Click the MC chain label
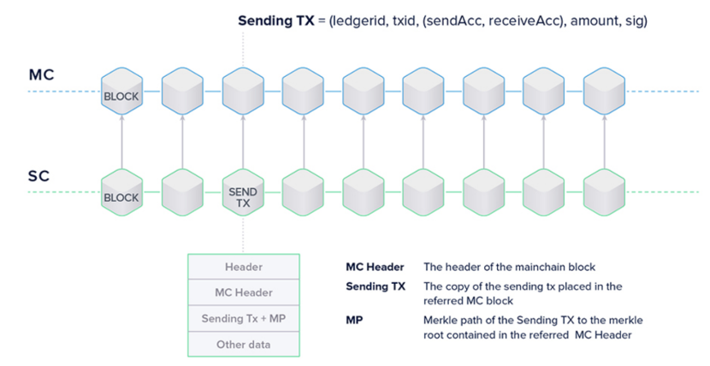tap(41, 75)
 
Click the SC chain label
tap(39, 177)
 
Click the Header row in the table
tap(244, 267)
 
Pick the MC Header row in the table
tap(244, 292)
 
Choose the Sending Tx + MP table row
tap(244, 318)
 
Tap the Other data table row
tap(244, 344)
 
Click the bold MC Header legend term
tap(375, 267)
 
